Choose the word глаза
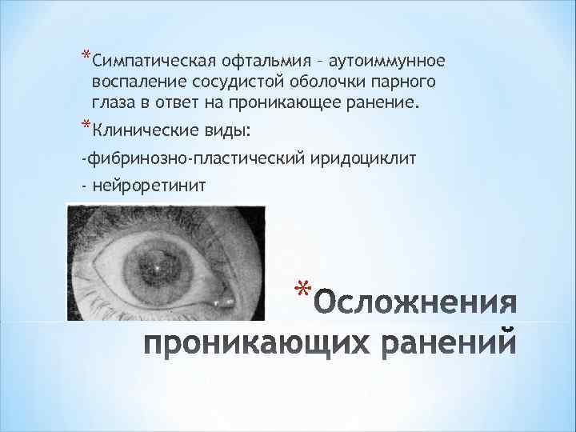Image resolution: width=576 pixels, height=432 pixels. [115, 103]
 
